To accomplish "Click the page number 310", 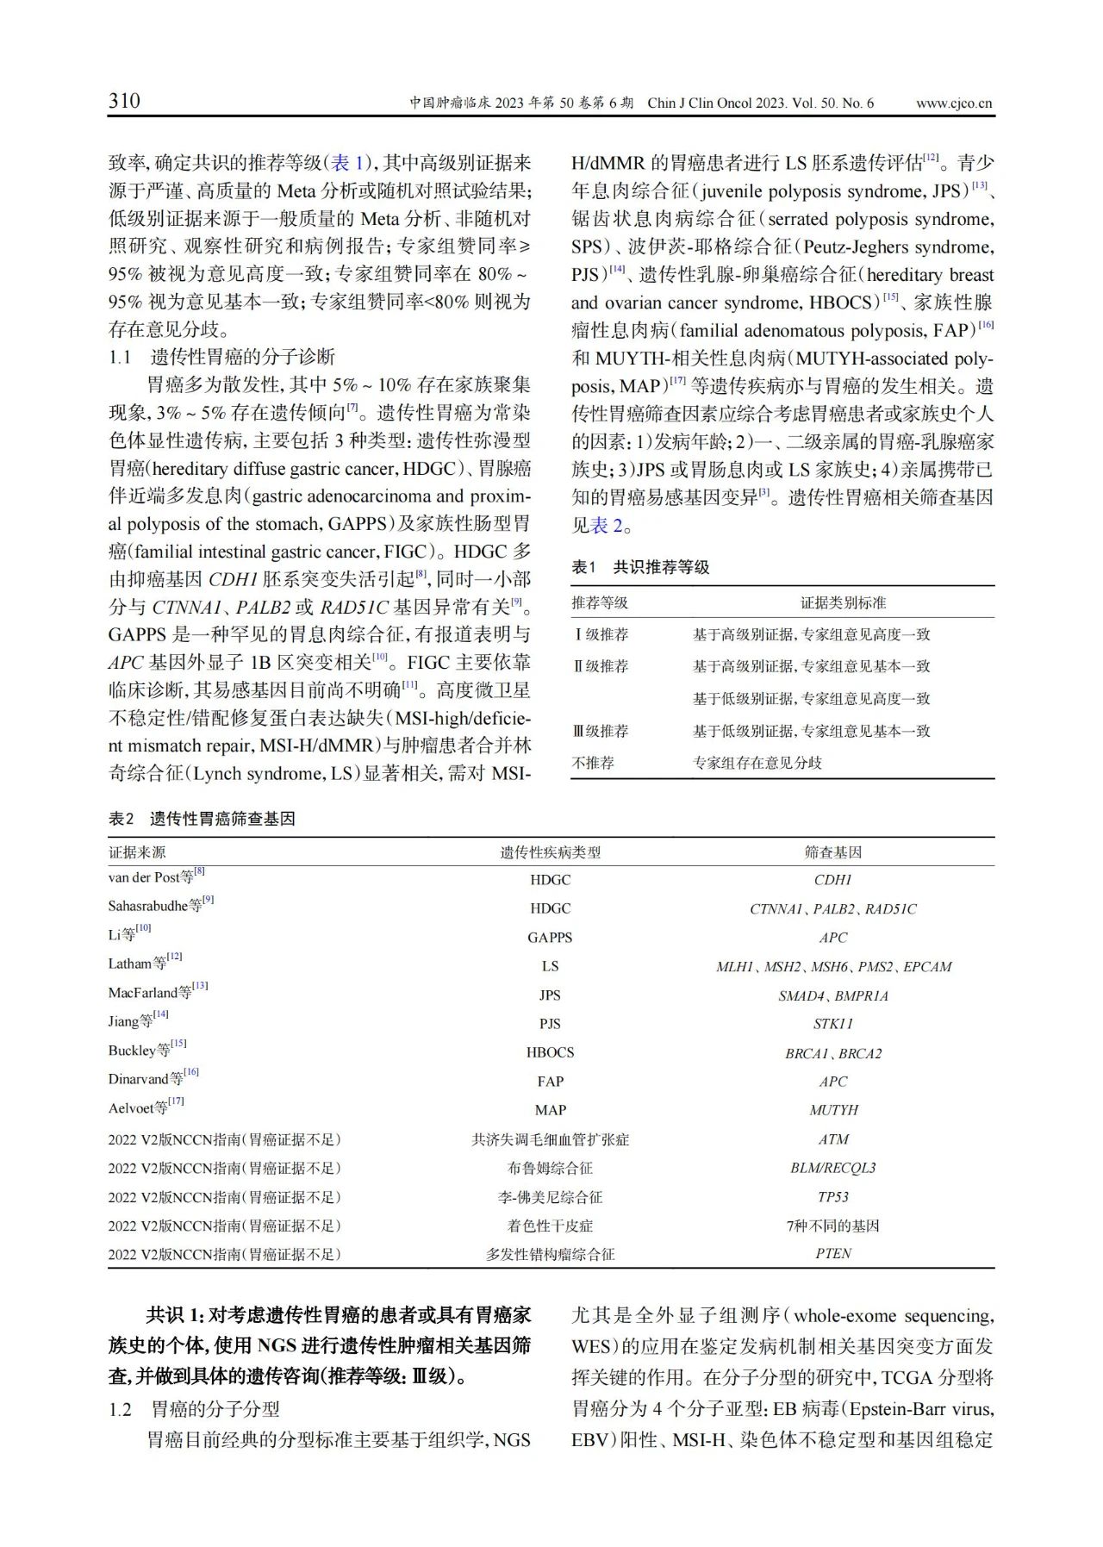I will (x=124, y=101).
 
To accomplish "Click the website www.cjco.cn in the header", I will (x=953, y=103).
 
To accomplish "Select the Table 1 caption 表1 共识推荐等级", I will (x=640, y=567).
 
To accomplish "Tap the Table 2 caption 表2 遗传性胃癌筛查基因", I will (x=202, y=819).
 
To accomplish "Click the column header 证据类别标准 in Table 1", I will (x=843, y=602).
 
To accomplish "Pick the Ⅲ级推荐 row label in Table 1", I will (x=601, y=731).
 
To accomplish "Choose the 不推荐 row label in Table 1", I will (x=593, y=763).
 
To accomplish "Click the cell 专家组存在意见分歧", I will (x=757, y=763).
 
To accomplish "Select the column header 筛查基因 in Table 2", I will (x=833, y=852).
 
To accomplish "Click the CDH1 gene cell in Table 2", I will (x=833, y=880).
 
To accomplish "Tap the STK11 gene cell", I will (x=833, y=1024).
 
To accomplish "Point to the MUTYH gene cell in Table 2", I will (x=833, y=1110).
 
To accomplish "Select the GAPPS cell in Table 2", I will (x=550, y=938).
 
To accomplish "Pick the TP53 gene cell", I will (x=833, y=1197).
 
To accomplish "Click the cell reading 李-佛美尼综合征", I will (x=550, y=1197).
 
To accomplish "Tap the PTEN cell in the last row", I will (x=833, y=1254).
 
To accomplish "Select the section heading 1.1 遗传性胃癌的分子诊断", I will (x=221, y=357).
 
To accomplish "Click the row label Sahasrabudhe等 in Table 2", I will (x=155, y=906).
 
